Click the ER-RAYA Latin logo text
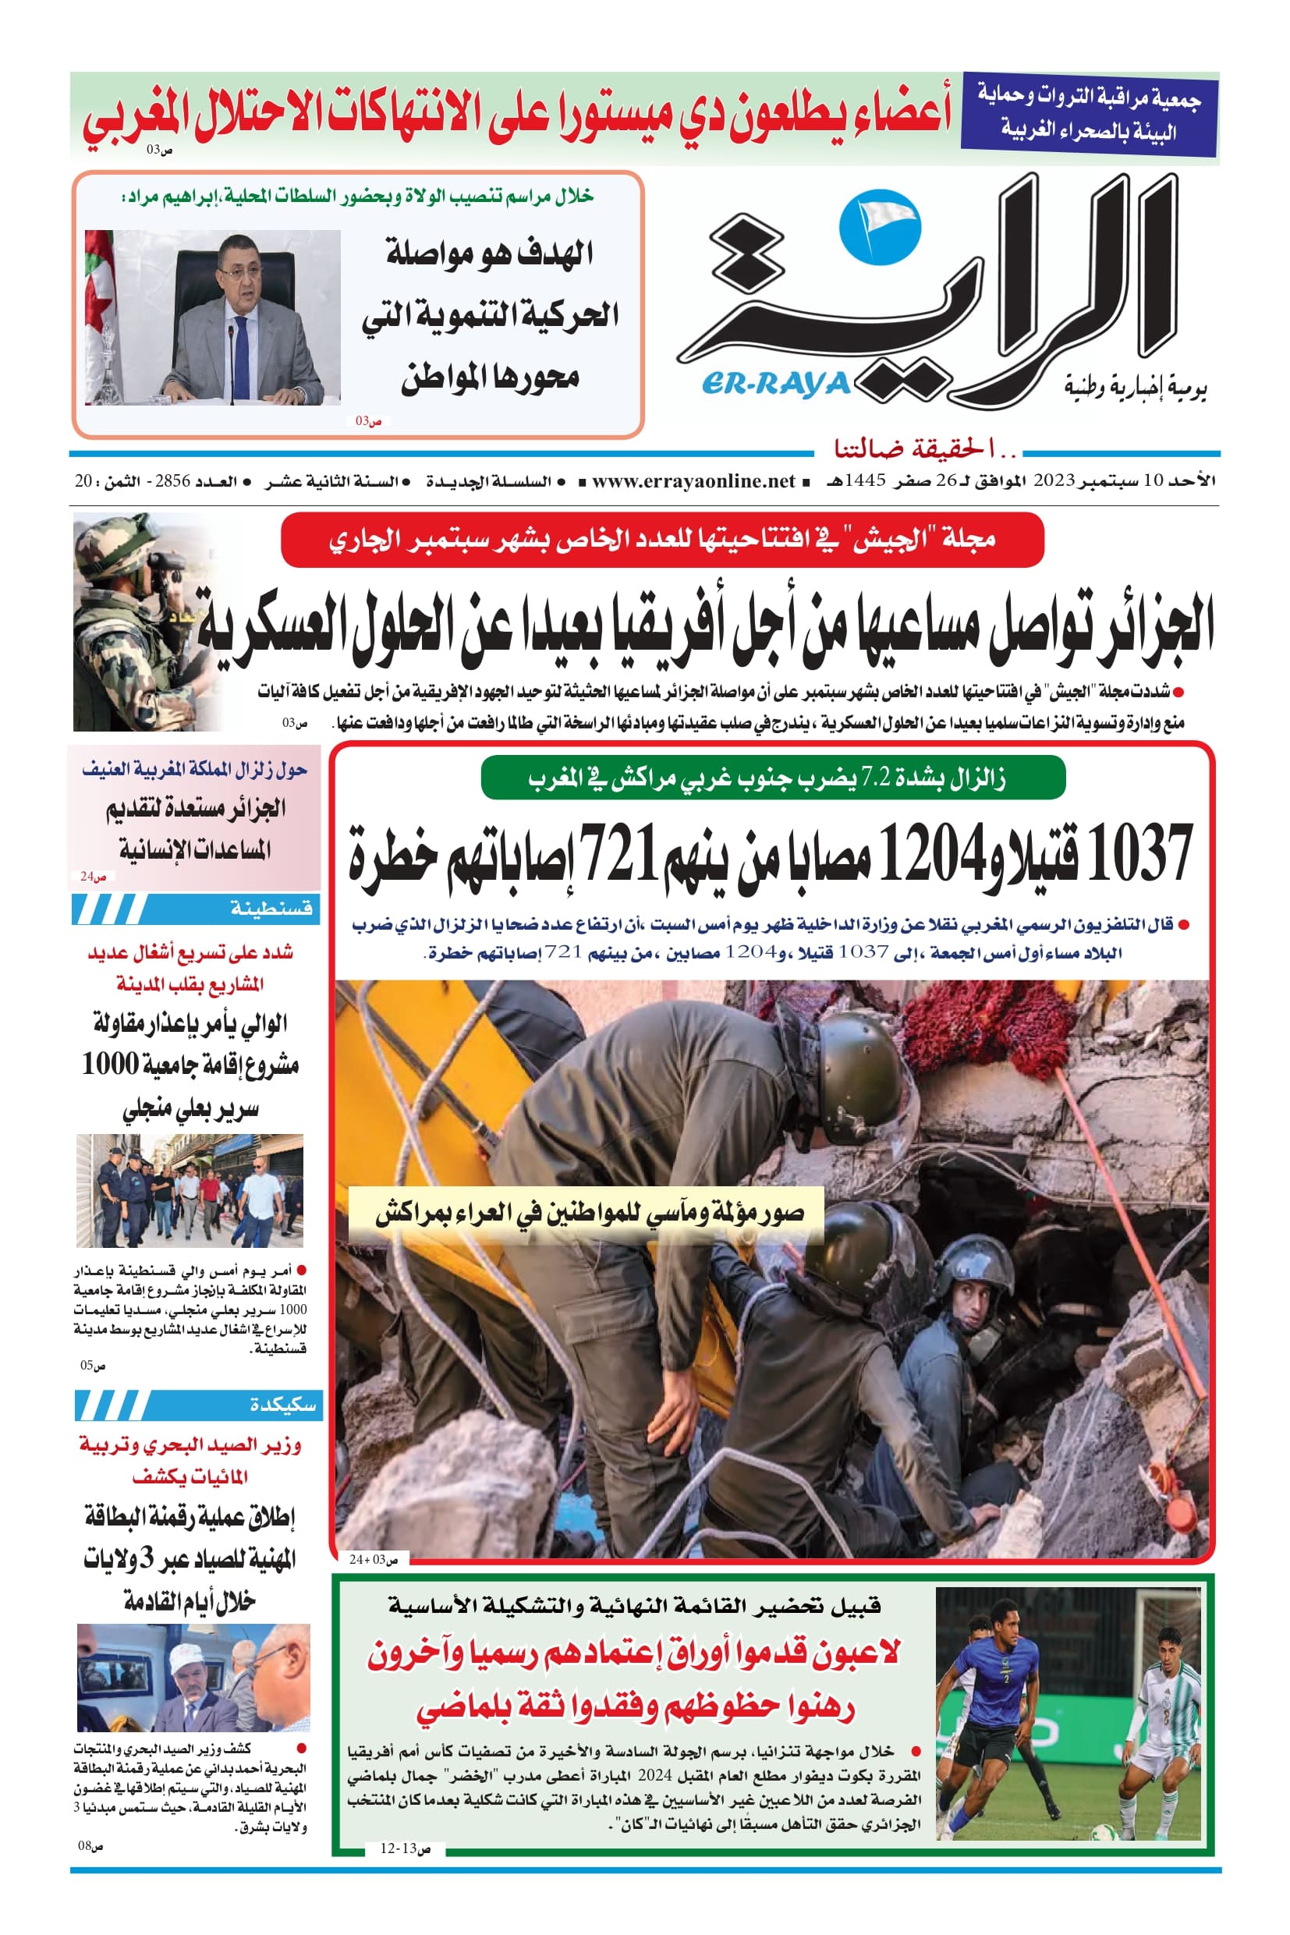[x=775, y=384]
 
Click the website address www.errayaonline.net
[x=693, y=481]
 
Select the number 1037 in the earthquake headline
[x=1139, y=855]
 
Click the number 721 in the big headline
[x=617, y=855]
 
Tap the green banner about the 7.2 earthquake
[x=773, y=778]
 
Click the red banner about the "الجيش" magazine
[x=662, y=540]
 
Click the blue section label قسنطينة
[x=271, y=909]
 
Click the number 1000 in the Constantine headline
[x=109, y=1065]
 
